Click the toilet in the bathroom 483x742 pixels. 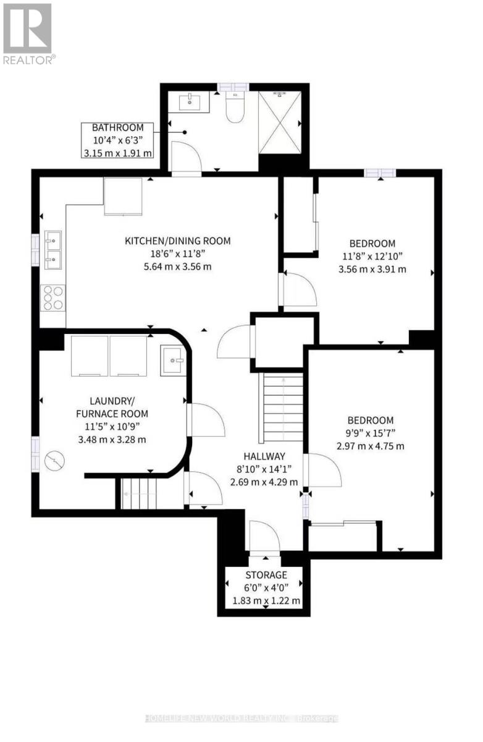point(235,106)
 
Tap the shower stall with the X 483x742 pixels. point(280,122)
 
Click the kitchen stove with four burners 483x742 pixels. point(53,298)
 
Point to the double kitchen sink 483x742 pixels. point(53,250)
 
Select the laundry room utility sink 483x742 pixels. point(172,360)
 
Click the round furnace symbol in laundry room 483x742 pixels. point(54,461)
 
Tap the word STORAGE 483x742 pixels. point(266,574)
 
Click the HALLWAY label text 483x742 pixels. point(264,456)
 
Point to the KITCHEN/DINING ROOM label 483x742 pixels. point(177,241)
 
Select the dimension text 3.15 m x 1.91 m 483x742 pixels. point(117,153)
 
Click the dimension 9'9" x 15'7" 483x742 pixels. point(370,433)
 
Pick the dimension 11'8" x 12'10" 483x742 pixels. point(372,256)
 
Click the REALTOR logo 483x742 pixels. point(28,33)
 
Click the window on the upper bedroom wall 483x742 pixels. point(380,173)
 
